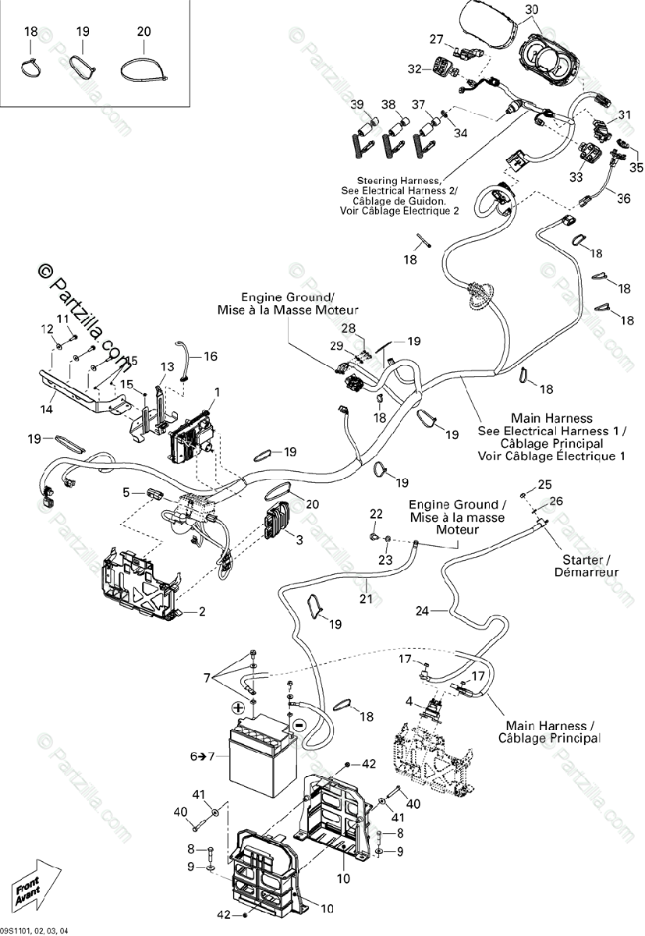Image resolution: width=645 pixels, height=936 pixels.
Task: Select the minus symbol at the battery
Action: pos(297,724)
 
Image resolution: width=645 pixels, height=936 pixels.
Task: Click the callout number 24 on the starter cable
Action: pos(422,612)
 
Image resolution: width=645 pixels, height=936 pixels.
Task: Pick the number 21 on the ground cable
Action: pos(366,599)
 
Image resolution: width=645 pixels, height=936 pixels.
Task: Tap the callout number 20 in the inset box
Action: pos(144,32)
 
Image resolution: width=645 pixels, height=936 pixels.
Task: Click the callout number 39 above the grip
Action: pos(357,105)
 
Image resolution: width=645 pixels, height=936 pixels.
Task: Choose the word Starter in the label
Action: pos(583,560)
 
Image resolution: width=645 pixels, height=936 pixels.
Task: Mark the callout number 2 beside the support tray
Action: pos(201,612)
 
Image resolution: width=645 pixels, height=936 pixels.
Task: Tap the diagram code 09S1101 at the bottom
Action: pos(21,930)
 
